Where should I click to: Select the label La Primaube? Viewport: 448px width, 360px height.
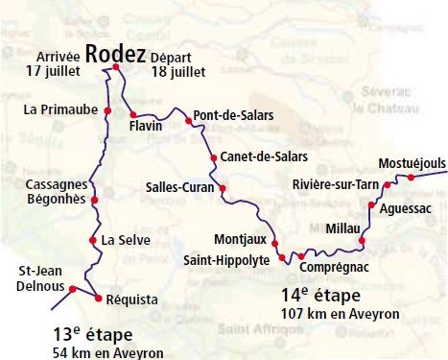59,110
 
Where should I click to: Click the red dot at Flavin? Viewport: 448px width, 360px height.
132,115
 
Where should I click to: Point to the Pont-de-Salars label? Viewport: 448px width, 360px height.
233,115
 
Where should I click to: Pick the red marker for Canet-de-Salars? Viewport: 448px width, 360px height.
213,156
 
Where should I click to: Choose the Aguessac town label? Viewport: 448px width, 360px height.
406,207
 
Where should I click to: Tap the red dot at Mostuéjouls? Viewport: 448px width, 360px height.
412,178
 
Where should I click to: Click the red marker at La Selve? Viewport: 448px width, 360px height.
92,240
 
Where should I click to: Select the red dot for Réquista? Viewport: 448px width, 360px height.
98,297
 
